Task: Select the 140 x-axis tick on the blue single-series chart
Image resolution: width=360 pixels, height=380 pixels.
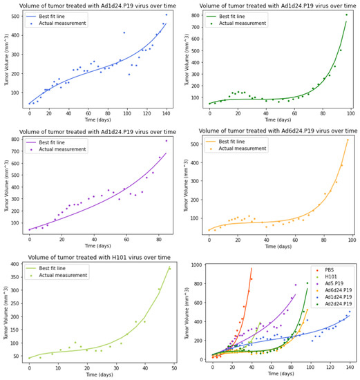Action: point(166,113)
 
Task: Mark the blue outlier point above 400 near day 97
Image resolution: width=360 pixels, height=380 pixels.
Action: point(124,32)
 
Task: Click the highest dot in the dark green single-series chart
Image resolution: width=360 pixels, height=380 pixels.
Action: point(346,15)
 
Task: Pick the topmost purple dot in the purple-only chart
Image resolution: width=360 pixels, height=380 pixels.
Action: point(166,141)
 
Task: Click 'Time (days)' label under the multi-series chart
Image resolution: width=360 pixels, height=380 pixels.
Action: point(280,373)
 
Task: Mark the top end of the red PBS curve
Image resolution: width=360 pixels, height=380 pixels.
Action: point(252,268)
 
